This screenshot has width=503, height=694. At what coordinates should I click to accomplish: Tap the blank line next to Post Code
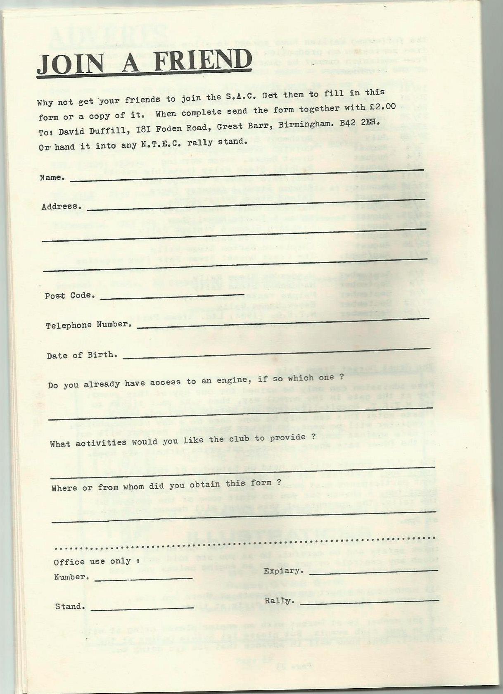(172, 296)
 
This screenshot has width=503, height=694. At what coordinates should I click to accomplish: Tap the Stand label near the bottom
(70, 606)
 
